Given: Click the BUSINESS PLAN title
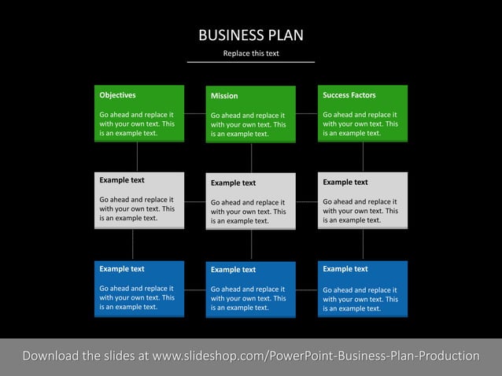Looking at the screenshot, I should click(250, 35).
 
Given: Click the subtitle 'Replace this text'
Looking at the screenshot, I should click(250, 53).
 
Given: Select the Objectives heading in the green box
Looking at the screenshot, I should click(117, 95).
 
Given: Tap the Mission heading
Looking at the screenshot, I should click(224, 96).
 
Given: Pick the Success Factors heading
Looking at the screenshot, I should click(349, 95).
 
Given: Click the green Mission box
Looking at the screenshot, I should click(250, 122).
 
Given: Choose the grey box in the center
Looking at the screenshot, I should click(250, 201).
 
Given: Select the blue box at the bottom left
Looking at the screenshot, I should click(139, 289).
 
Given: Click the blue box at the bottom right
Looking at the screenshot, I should click(363, 289).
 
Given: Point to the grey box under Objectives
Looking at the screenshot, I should click(139, 200).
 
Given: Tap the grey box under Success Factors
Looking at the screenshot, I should click(363, 200).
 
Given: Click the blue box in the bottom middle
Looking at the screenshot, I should click(250, 289).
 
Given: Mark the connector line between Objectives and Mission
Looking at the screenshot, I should click(195, 113).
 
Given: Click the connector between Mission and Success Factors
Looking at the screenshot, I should click(307, 113).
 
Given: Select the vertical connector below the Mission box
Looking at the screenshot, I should click(252, 157).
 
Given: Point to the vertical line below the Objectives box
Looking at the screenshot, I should click(138, 157).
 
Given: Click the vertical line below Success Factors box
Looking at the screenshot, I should click(363, 157).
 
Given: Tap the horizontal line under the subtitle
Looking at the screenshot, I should click(250, 61).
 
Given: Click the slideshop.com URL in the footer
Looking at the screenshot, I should click(316, 356).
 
